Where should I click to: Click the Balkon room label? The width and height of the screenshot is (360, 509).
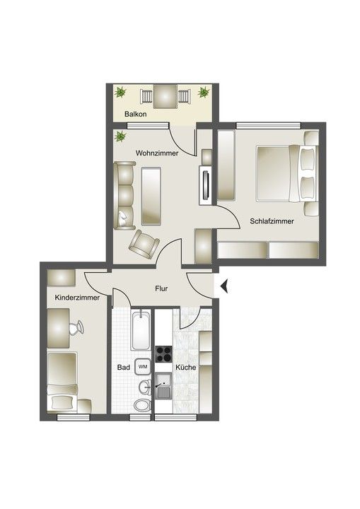[x=136, y=115]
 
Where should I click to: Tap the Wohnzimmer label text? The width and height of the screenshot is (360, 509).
[x=157, y=153]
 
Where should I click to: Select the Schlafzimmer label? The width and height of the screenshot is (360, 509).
[x=272, y=221]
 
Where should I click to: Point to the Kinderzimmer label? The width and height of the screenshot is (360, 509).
[x=77, y=298]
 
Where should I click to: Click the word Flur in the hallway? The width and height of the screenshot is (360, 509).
[x=161, y=288]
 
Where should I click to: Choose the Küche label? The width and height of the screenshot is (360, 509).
[x=186, y=368]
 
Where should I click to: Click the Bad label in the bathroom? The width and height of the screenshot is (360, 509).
[x=124, y=368]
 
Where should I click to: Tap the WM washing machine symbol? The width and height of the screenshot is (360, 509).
[x=143, y=367]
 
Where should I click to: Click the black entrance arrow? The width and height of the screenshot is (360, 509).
[x=224, y=286]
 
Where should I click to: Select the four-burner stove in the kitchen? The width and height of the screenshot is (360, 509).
[x=164, y=354]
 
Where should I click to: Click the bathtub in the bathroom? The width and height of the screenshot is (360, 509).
[x=141, y=329]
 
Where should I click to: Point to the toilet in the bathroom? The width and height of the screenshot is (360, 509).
[x=142, y=405]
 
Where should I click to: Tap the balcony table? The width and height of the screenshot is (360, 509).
[x=166, y=96]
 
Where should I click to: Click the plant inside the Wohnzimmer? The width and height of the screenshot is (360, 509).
[x=120, y=136]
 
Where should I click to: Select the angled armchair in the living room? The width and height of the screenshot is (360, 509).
[x=144, y=245]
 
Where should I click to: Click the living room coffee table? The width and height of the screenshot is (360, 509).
[x=151, y=196]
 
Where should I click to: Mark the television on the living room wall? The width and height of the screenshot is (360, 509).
[x=206, y=185]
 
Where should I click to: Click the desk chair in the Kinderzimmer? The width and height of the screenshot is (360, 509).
[x=76, y=327]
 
